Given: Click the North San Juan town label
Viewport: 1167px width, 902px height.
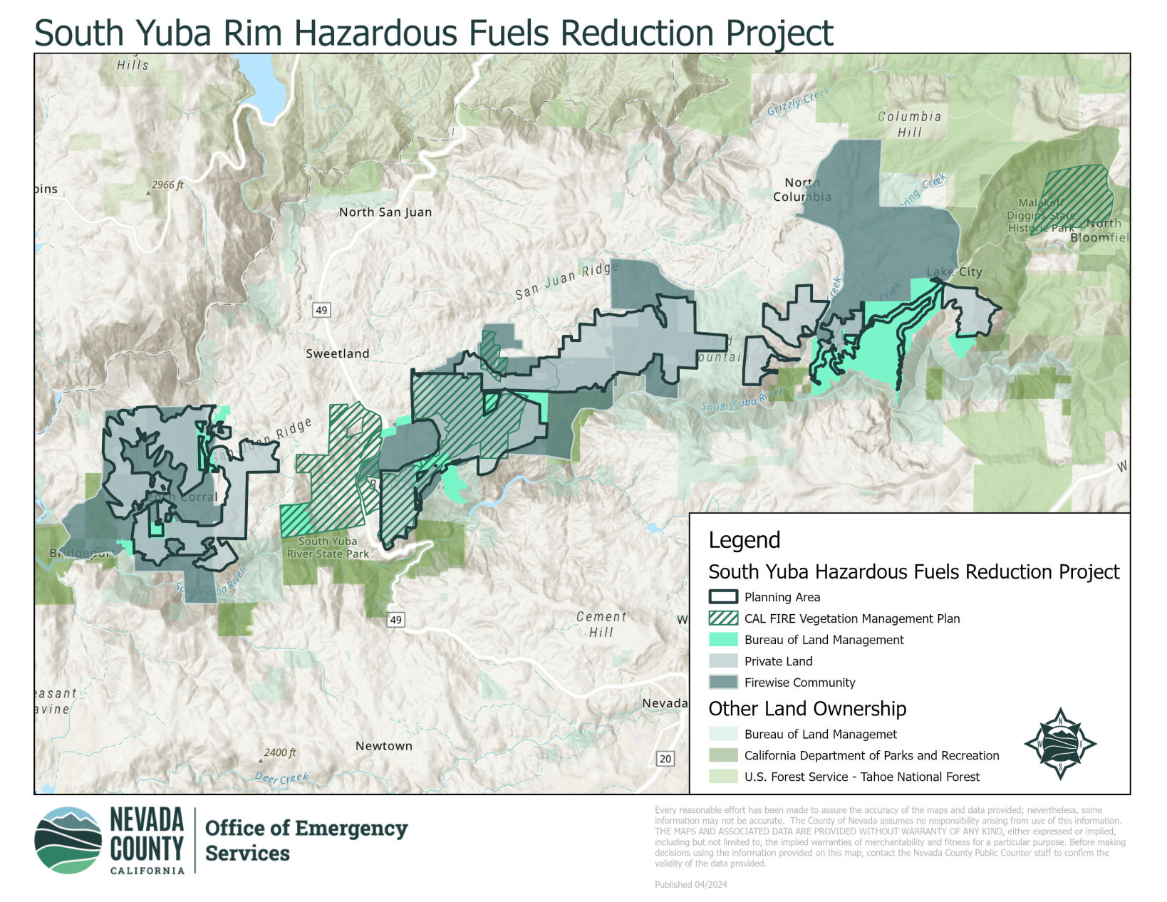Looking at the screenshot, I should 385,212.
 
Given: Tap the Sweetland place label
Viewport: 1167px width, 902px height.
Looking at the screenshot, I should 338,353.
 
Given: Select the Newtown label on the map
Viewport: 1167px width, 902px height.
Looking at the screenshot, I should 383,746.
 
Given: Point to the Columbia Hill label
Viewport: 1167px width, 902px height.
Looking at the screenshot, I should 909,124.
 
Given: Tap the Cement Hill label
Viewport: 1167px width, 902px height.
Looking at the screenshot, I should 601,624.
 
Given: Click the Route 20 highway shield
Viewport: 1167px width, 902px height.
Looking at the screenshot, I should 665,759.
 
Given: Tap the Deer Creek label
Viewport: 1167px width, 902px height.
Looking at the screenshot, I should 281,779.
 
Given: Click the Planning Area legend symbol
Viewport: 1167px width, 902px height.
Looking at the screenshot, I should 723,597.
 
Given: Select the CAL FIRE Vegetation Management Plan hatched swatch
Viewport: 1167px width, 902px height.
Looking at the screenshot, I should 723,618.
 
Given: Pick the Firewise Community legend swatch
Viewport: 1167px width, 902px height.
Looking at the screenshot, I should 723,683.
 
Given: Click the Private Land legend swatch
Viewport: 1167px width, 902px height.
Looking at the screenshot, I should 723,661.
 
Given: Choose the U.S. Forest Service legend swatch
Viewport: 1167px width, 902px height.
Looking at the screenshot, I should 723,777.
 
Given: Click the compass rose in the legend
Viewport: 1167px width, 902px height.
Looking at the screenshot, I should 1059,744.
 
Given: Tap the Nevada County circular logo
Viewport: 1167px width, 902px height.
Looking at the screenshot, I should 68,841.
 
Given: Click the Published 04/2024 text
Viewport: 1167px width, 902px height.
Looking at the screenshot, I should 690,885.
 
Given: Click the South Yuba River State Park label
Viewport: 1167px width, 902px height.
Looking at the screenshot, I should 328,547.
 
